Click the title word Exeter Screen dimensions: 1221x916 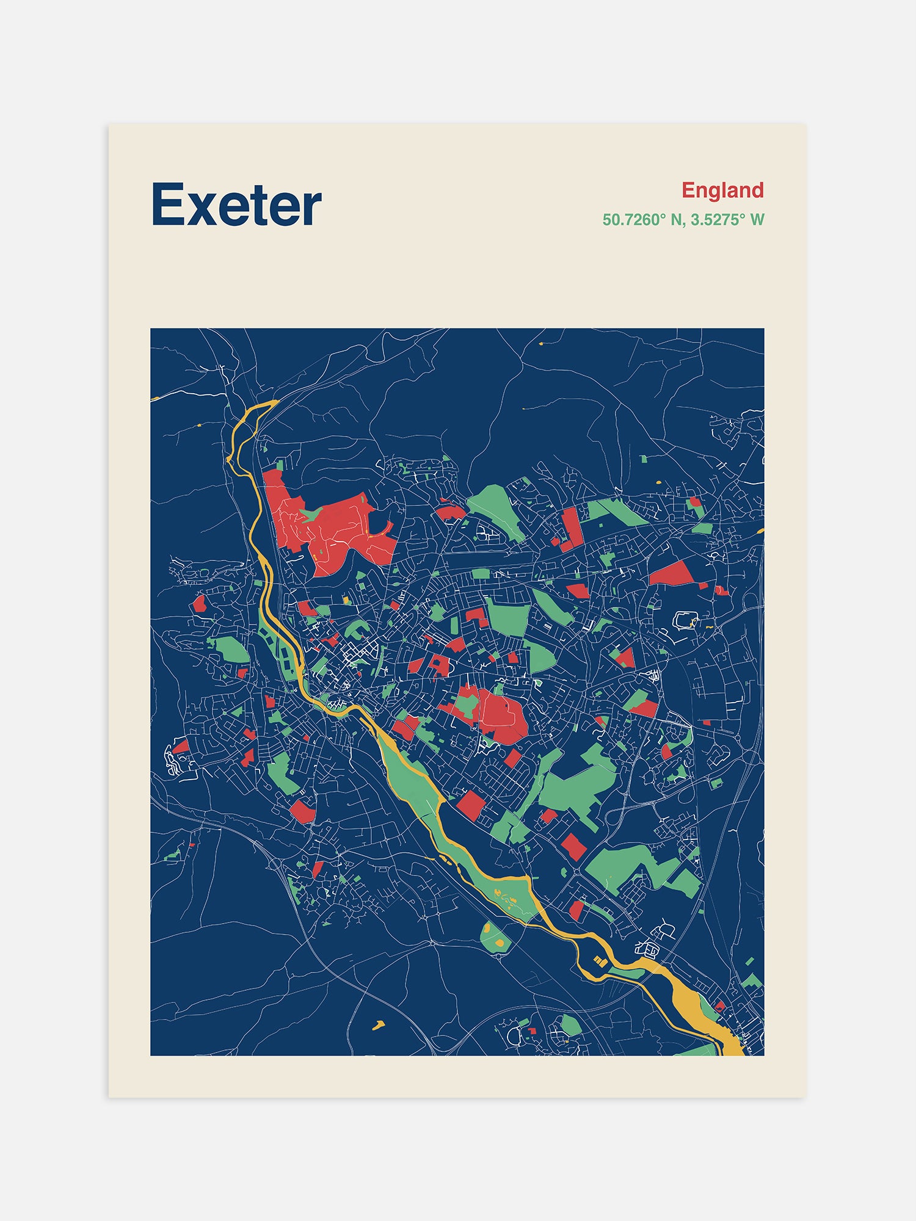pyautogui.click(x=236, y=205)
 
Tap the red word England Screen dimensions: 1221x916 pyautogui.click(x=722, y=190)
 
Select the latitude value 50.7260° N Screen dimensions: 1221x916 pyautogui.click(x=642, y=220)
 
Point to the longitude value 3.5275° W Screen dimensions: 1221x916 pyautogui.click(x=727, y=220)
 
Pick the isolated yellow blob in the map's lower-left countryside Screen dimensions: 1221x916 pyautogui.click(x=379, y=1024)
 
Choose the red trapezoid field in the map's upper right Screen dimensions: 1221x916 pyautogui.click(x=672, y=574)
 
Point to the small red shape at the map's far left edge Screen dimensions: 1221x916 pyautogui.click(x=199, y=604)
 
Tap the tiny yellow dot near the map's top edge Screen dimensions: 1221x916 pyautogui.click(x=541, y=344)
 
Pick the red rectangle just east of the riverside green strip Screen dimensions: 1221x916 pyautogui.click(x=471, y=806)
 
